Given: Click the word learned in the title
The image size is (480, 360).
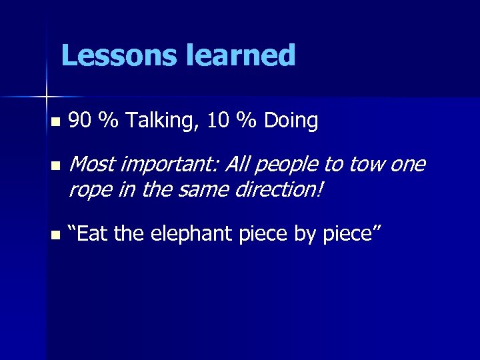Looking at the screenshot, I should click(x=241, y=55).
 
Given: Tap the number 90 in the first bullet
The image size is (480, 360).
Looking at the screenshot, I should click(x=80, y=121).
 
